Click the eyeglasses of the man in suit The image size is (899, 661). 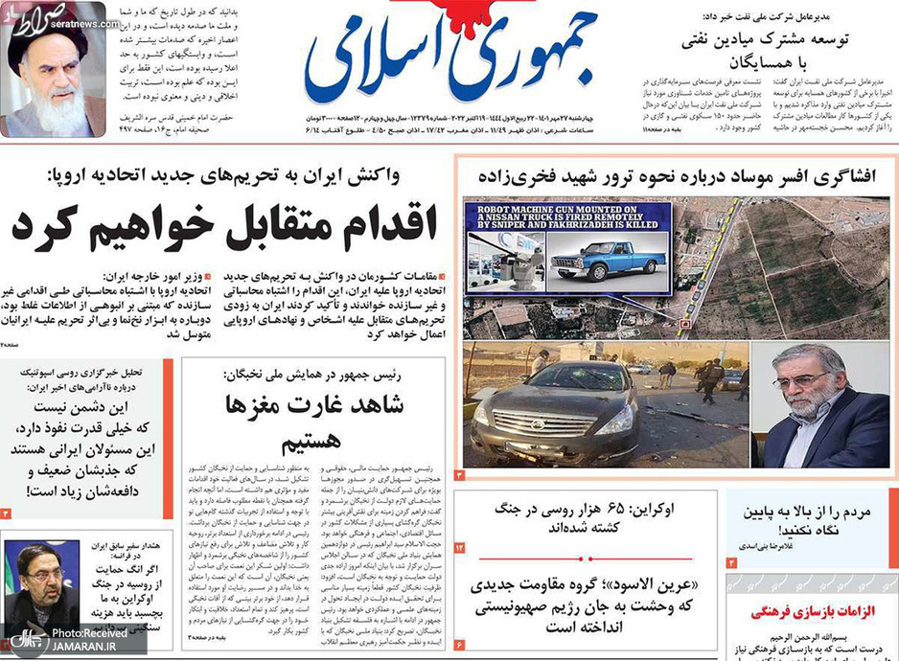coord(803,381)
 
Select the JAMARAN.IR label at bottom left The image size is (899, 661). coord(87,649)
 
